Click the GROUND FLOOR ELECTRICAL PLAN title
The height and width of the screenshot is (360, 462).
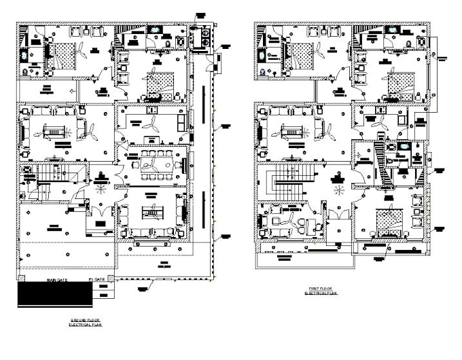(x=86, y=321)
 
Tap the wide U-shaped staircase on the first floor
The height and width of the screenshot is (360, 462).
(x=283, y=183)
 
